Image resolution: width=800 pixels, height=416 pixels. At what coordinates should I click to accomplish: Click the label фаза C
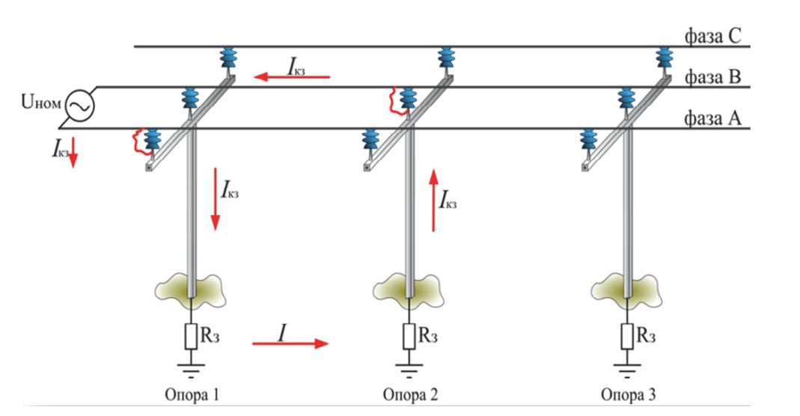(710, 35)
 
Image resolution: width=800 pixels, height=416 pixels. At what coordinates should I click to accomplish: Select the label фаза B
(710, 77)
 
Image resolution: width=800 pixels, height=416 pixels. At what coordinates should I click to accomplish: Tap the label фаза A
(710, 118)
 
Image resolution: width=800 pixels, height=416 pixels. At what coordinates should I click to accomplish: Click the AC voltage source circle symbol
(78, 106)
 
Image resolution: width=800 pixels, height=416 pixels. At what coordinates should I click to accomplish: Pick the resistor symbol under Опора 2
(409, 335)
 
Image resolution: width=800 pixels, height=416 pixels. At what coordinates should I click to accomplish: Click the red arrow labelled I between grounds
(290, 343)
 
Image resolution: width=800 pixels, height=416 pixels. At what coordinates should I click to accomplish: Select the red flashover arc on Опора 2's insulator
(394, 100)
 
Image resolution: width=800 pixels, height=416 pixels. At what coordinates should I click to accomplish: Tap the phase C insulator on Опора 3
(664, 59)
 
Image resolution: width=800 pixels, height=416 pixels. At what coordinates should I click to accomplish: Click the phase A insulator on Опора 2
(371, 142)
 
